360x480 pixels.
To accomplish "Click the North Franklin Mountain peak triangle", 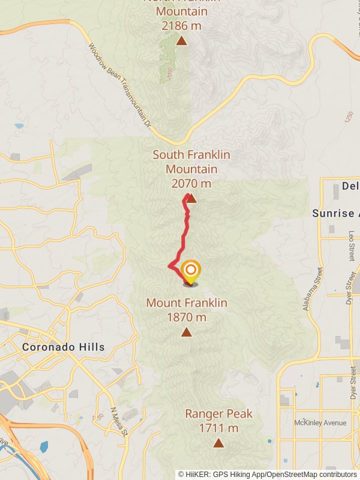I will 181,41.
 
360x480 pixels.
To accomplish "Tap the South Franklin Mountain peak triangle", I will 191,198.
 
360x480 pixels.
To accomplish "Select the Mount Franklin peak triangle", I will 187,332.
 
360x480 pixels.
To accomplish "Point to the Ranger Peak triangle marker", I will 218,443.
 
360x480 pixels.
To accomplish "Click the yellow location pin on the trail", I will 190,272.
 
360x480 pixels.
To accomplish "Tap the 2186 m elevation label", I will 181,26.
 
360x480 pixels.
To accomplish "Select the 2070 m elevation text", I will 191,184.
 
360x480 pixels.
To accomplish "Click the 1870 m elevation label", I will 187,317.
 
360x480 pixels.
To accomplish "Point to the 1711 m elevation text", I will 218,428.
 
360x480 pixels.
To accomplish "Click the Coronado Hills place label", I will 63,347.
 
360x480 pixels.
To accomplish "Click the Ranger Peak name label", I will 218,414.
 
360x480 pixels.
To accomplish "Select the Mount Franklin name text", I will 187,303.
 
